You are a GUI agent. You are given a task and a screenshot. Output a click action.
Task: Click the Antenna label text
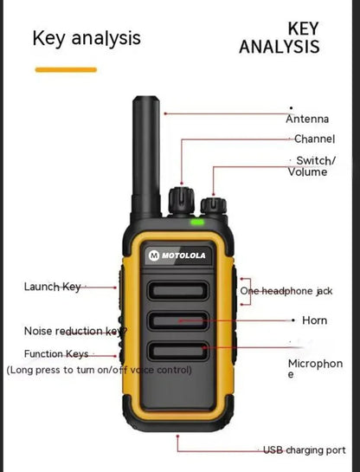pyautogui.click(x=307, y=119)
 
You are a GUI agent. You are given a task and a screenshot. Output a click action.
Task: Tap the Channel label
pyautogui.click(x=315, y=139)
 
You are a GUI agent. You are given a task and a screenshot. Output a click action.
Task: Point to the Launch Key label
pyautogui.click(x=52, y=287)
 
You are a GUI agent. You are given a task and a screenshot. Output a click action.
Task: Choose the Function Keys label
pyautogui.click(x=56, y=354)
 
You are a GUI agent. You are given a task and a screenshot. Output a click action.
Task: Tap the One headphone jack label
pyautogui.click(x=286, y=291)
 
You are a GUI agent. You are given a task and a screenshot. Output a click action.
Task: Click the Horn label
pyautogui.click(x=315, y=320)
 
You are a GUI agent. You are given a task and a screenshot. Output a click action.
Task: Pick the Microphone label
pyautogui.click(x=315, y=369)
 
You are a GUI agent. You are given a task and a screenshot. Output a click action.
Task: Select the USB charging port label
pyautogui.click(x=305, y=450)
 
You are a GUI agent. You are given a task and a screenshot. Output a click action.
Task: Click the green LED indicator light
pyautogui.click(x=197, y=222)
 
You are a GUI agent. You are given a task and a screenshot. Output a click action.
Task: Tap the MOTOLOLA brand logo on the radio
pyautogui.click(x=177, y=255)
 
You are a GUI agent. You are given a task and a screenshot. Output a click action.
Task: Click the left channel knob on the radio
pyautogui.click(x=180, y=197)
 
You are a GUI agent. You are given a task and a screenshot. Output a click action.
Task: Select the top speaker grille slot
pyautogui.click(x=177, y=291)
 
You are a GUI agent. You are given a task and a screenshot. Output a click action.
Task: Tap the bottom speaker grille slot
pyautogui.click(x=177, y=351)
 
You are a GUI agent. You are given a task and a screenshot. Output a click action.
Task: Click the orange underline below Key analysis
pyautogui.click(x=65, y=69)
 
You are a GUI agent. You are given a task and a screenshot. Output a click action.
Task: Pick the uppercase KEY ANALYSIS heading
pyautogui.click(x=280, y=38)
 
